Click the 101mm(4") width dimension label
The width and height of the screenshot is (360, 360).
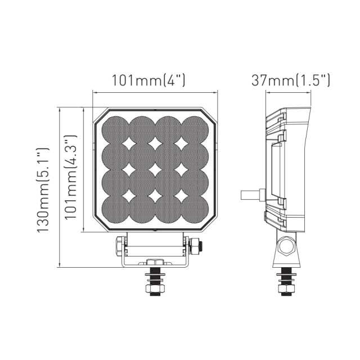[x=148, y=80]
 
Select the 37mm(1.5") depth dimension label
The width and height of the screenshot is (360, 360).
[x=290, y=80]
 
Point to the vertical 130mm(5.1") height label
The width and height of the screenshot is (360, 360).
[x=44, y=190]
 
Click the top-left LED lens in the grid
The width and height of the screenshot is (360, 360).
[x=116, y=129]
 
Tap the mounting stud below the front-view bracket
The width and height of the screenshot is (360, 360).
[x=153, y=281]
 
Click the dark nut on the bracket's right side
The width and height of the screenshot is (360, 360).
[x=196, y=245]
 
